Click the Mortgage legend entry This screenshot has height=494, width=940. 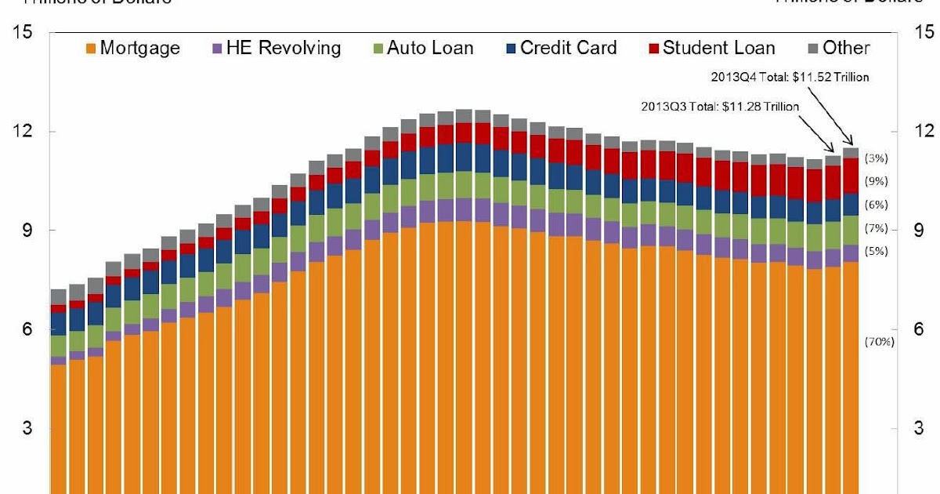(132, 48)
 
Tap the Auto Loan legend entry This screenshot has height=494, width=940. (421, 48)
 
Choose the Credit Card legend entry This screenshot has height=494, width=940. (559, 48)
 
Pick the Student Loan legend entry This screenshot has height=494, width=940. (710, 48)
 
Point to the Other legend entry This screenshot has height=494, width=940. (837, 48)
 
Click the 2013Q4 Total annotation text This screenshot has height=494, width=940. (800, 77)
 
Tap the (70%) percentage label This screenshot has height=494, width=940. (880, 342)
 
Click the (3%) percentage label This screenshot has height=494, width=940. (876, 158)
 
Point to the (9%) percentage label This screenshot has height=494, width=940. (876, 181)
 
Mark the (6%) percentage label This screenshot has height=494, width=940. (876, 205)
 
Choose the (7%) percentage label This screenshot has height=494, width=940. (876, 229)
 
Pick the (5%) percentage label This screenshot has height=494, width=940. (876, 252)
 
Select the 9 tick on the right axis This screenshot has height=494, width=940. (919, 230)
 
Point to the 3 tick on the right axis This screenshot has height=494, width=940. (919, 428)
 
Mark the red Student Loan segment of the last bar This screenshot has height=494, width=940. (851, 176)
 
